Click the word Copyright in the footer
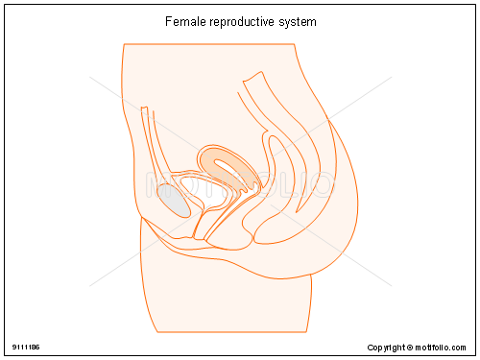point(386,347)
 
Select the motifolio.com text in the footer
point(443,347)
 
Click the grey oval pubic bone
point(174,200)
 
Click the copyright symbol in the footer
point(408,347)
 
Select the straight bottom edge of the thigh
point(230,331)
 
